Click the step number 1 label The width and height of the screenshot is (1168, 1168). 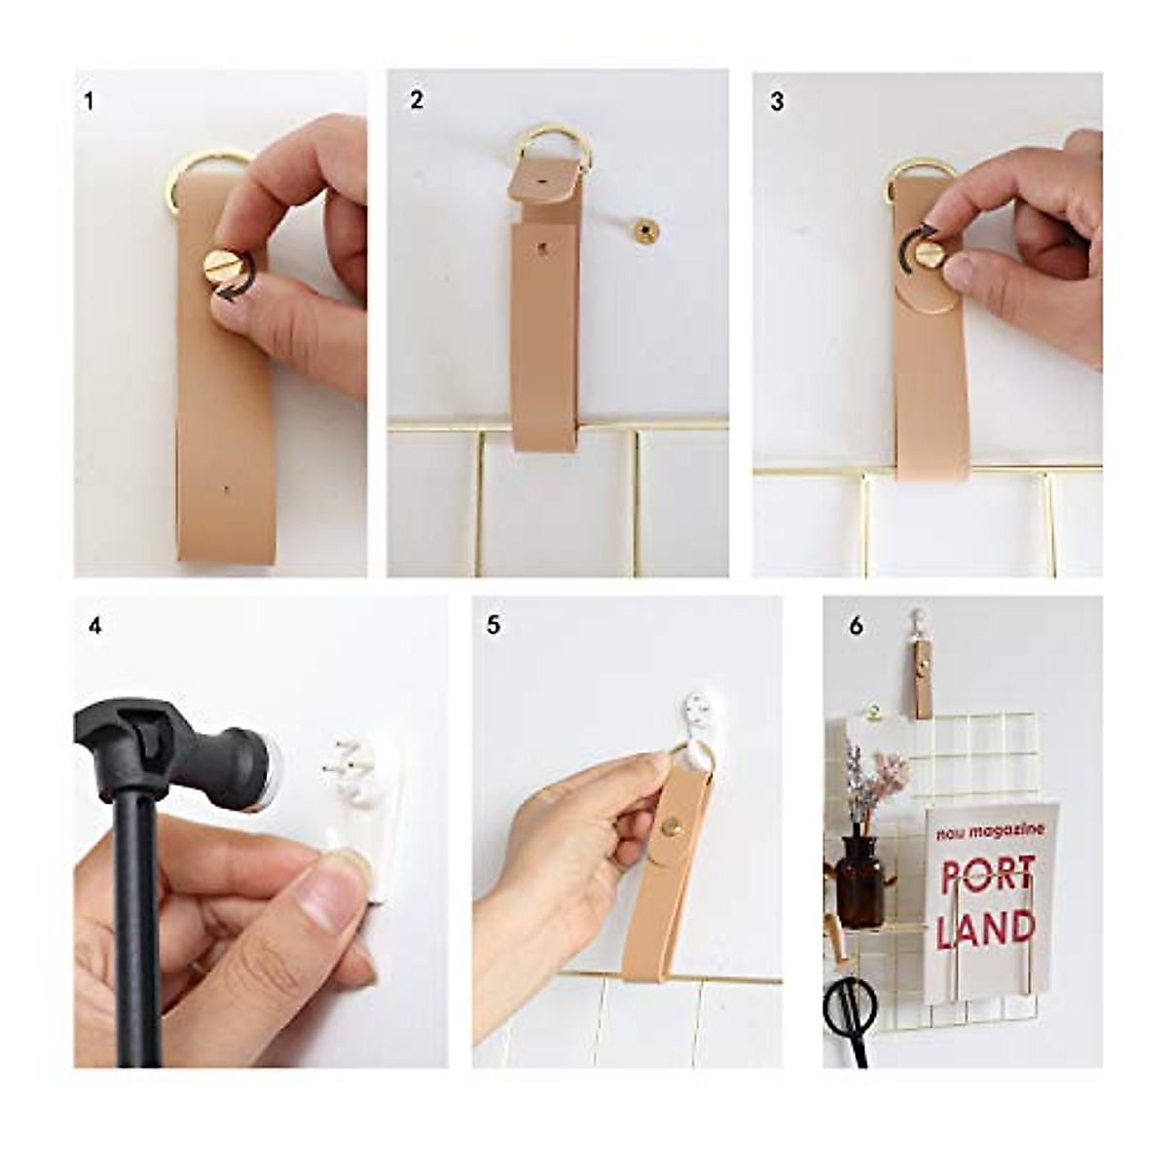tap(90, 101)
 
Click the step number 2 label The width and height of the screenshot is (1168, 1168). tap(417, 100)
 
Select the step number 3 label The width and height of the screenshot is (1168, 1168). tap(777, 101)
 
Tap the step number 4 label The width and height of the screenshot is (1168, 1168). tap(94, 626)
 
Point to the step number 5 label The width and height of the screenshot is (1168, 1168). tap(493, 625)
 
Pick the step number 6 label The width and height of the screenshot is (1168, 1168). tap(856, 626)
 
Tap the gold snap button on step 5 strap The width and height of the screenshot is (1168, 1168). tap(671, 826)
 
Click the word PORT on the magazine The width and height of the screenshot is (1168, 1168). tap(988, 875)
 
